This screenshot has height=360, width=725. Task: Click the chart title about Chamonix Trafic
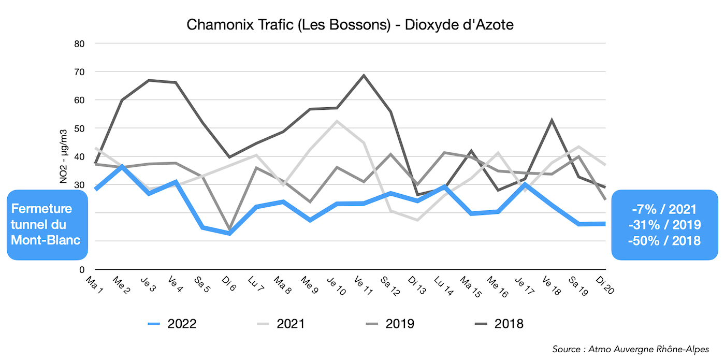(x=350, y=24)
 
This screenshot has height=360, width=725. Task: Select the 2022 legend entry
(x=172, y=324)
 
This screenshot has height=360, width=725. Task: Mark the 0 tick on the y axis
(x=82, y=270)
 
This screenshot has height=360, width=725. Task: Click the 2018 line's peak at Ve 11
(x=364, y=75)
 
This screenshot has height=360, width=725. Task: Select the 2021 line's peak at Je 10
(x=337, y=121)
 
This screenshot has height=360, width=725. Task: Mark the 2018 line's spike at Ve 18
(x=552, y=120)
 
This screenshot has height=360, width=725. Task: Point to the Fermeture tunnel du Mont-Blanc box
(x=47, y=225)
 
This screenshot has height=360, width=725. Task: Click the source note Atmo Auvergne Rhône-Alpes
(x=630, y=349)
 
